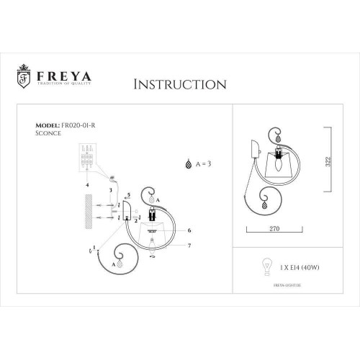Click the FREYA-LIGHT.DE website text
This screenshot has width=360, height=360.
click(x=289, y=284)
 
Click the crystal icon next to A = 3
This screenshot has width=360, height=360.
click(x=190, y=163)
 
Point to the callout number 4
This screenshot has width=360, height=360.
click(x=88, y=185)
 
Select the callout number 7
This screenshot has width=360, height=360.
click(x=189, y=246)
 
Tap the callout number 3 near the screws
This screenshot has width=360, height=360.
click(x=109, y=189)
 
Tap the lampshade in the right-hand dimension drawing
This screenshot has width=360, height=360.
click(x=279, y=164)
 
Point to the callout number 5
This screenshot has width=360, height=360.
click(x=129, y=195)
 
